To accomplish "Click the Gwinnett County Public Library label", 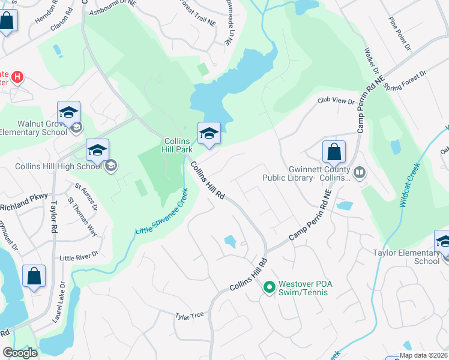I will [306, 173].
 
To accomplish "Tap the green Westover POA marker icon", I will [269, 288].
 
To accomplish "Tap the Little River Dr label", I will [78, 256].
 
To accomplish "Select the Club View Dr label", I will [336, 102].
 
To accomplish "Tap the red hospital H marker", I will [18, 77].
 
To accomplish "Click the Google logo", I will [20, 353].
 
